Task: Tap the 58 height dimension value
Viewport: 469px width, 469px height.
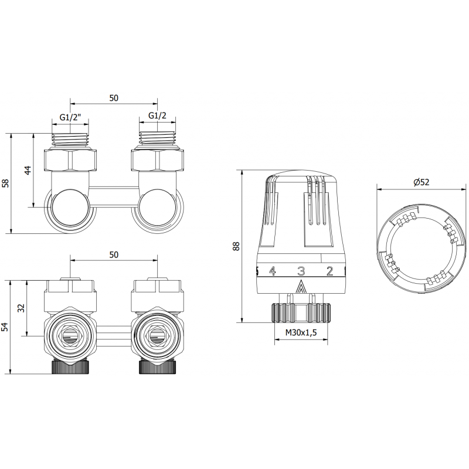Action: [6, 183]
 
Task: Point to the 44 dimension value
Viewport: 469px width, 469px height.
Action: [28, 171]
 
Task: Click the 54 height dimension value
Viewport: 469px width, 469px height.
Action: [6, 327]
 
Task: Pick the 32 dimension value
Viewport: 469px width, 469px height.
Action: [21, 308]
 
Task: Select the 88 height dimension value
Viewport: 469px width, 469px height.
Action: [236, 246]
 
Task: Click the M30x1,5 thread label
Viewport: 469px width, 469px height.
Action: [301, 334]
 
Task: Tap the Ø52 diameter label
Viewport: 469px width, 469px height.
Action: [421, 182]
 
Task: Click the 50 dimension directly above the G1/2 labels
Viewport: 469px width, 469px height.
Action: [114, 98]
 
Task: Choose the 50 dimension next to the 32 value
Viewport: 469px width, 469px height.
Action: [114, 254]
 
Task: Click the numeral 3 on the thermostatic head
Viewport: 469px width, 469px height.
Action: [301, 271]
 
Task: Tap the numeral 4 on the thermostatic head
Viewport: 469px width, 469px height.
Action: [272, 271]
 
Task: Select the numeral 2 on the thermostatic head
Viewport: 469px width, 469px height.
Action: [329, 271]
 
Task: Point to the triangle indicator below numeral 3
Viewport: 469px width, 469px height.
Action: [301, 287]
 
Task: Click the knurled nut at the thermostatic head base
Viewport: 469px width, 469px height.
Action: [301, 312]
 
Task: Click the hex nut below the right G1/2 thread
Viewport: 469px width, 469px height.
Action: [157, 159]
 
